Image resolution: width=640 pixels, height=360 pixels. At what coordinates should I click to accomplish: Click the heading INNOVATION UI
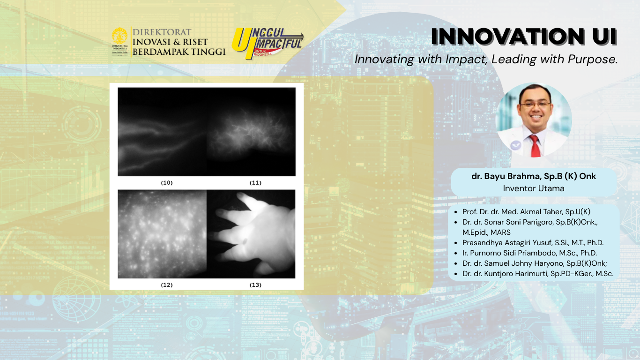(524, 37)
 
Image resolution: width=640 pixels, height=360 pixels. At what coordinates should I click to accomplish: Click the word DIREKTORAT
(162, 32)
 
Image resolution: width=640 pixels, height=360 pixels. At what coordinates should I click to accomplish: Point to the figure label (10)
(167, 182)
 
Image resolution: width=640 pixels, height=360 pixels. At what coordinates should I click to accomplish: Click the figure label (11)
(255, 182)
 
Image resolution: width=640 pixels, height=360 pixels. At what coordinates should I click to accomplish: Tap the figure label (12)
(167, 285)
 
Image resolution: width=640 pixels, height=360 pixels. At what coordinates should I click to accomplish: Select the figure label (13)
(255, 285)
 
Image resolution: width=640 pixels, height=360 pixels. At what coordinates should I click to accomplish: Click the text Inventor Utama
(534, 188)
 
